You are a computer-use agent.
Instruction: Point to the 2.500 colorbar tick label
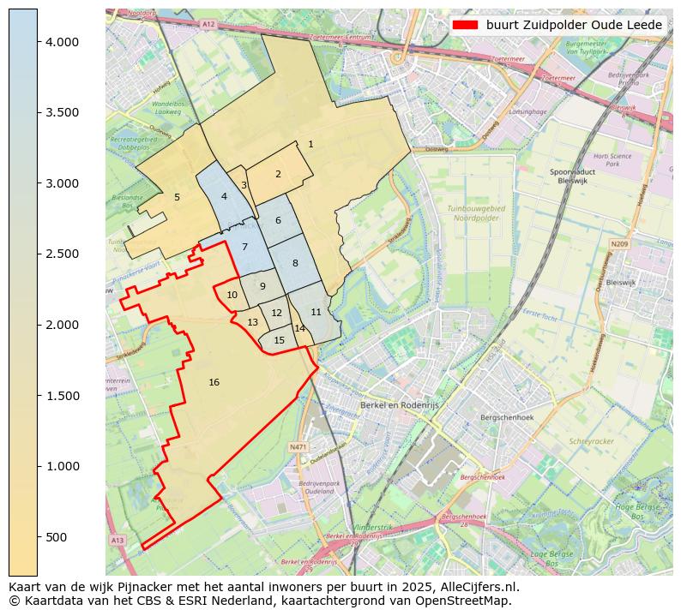coord(62,254)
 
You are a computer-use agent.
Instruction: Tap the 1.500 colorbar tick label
coord(62,396)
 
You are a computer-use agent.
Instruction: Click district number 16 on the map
coord(214,382)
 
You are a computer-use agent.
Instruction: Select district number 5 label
coord(177,197)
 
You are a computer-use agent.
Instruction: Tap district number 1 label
coord(310,144)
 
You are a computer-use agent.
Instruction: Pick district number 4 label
coord(224,196)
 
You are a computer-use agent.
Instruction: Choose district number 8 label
coord(295,263)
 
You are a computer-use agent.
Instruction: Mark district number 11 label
coord(316,312)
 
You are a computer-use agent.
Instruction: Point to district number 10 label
coord(232,295)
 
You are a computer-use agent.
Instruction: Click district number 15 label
coord(279,340)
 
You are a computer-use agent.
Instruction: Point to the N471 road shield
coord(298,446)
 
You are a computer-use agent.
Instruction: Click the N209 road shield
coord(619,244)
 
